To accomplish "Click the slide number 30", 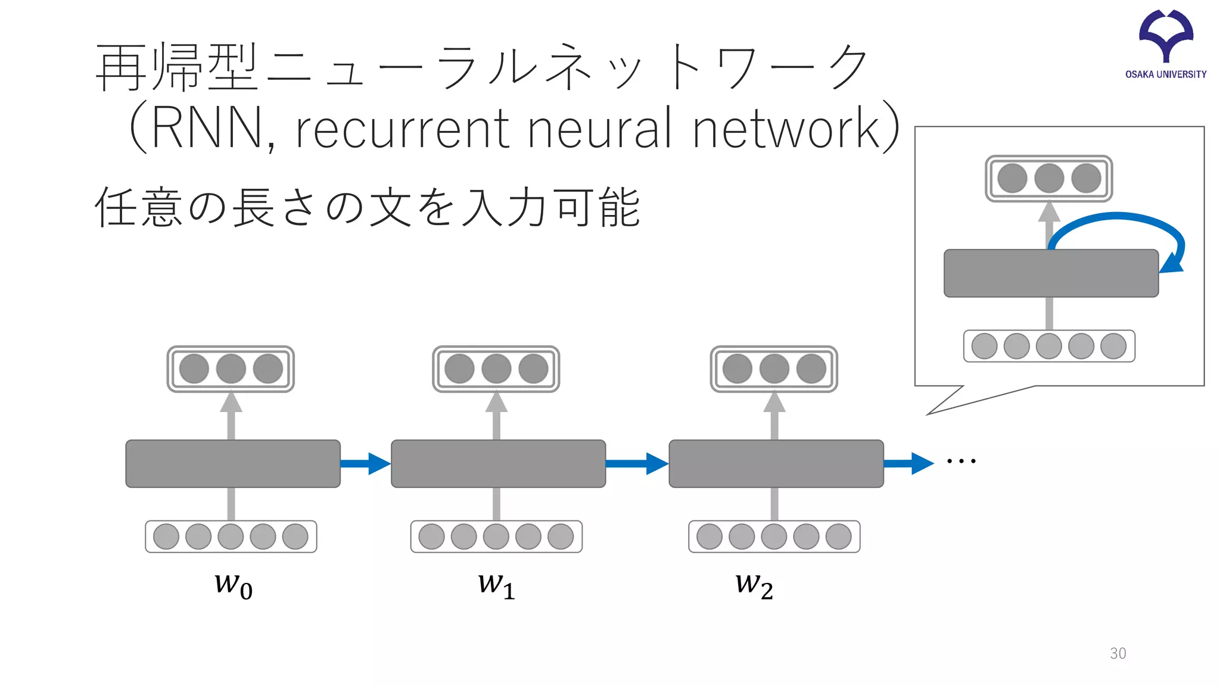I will [1118, 653].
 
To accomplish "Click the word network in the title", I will [786, 128].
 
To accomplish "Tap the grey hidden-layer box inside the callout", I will [1051, 273].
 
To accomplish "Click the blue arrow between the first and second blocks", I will [365, 463].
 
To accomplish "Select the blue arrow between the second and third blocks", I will [637, 463].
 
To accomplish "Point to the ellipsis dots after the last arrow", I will [961, 461].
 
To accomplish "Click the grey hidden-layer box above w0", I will [233, 464].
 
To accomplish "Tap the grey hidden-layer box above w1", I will [498, 464].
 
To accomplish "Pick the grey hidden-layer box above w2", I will [776, 464].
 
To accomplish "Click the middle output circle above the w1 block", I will [496, 369].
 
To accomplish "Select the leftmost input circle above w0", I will [166, 537].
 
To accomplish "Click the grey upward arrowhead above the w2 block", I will [774, 403].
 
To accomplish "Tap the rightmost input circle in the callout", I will [1113, 346].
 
